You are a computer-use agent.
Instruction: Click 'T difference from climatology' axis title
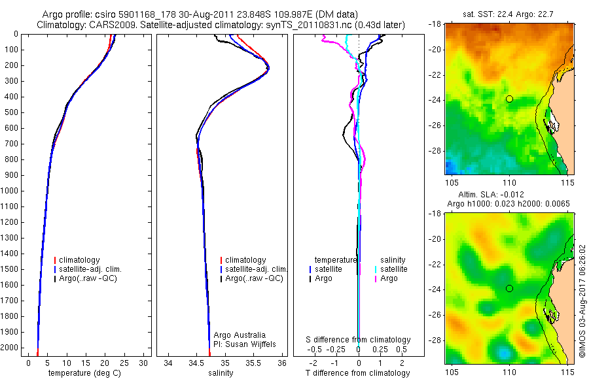click(x=358, y=373)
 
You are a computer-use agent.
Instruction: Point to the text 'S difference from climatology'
click(x=358, y=340)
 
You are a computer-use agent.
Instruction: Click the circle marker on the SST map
click(x=509, y=99)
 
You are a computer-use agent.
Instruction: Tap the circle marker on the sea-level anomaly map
click(x=509, y=288)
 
